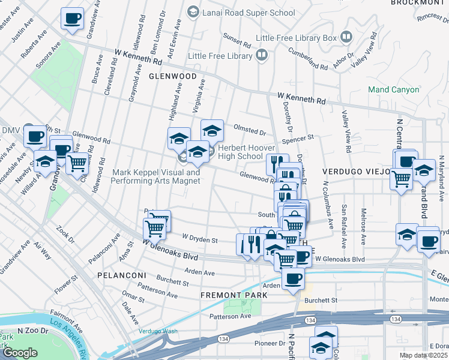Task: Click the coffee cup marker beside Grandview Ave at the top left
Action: click(x=72, y=19)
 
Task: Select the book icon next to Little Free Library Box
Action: click(x=346, y=38)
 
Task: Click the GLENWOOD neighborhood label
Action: click(x=173, y=77)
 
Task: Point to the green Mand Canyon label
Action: click(x=393, y=90)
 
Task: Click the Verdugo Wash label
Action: click(x=158, y=331)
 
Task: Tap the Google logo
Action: click(x=20, y=353)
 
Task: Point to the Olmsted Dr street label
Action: click(x=250, y=131)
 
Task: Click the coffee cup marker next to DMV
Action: click(x=35, y=136)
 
